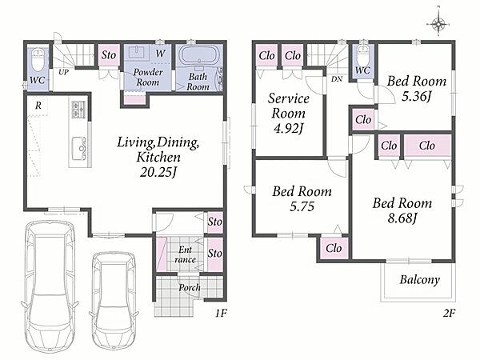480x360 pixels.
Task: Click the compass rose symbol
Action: click(438, 23)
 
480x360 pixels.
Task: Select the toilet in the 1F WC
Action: click(38, 60)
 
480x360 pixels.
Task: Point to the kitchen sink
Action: click(80, 147)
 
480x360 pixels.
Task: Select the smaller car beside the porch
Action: click(114, 300)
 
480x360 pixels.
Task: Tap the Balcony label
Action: click(420, 279)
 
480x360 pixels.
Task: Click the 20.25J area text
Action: click(158, 173)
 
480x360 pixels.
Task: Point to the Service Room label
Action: click(288, 106)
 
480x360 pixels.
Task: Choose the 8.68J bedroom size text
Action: click(402, 218)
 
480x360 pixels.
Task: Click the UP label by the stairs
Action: click(63, 72)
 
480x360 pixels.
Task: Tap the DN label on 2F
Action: click(337, 79)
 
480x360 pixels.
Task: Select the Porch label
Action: click(190, 287)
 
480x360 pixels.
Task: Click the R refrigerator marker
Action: click(38, 106)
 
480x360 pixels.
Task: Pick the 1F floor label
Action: click(221, 313)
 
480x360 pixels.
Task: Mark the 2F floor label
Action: click(449, 313)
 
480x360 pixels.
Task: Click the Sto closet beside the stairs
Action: click(108, 55)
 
